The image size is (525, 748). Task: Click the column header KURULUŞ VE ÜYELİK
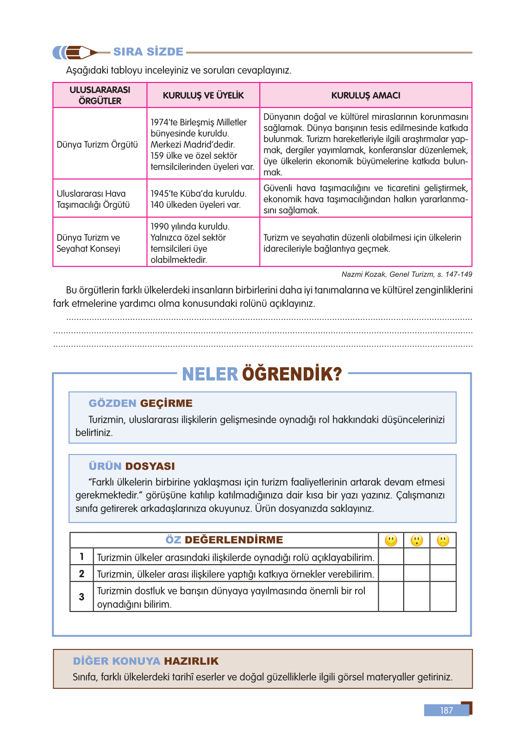(x=203, y=95)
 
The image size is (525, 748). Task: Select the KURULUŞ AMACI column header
(x=366, y=95)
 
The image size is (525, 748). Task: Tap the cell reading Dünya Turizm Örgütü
(x=97, y=144)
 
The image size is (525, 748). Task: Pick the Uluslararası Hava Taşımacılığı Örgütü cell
(x=93, y=199)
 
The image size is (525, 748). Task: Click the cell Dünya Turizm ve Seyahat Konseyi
(x=88, y=243)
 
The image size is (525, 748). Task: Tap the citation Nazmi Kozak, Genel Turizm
(x=406, y=274)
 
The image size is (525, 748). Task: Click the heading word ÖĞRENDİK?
(x=292, y=374)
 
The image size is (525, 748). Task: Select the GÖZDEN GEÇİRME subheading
(x=141, y=403)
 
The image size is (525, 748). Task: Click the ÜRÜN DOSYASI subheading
(x=132, y=466)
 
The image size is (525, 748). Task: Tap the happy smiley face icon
(x=391, y=540)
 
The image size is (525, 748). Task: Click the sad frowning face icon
(x=443, y=540)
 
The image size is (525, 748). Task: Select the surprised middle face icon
(x=417, y=540)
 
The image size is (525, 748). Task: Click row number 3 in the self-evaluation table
(x=81, y=597)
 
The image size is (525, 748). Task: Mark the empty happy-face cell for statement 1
(x=391, y=557)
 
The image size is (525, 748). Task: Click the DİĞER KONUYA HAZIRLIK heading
(x=146, y=661)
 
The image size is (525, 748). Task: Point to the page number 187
(x=446, y=711)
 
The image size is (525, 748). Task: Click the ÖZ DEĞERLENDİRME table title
(x=225, y=540)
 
